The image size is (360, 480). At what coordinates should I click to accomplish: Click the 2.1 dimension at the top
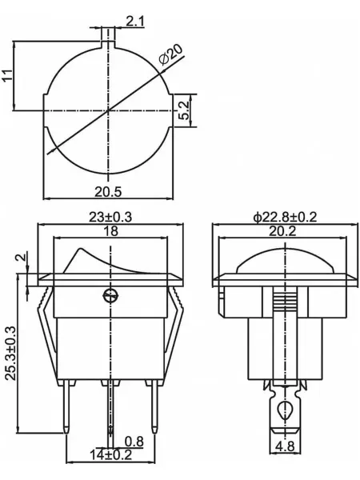(134, 22)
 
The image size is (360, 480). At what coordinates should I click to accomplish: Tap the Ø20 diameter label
(171, 54)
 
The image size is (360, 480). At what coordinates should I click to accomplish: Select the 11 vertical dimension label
(8, 75)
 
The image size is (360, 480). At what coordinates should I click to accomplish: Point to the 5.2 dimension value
(184, 110)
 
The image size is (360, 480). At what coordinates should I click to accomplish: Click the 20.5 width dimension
(108, 192)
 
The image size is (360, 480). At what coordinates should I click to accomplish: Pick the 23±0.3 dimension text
(110, 217)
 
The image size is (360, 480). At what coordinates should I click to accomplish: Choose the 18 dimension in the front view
(110, 231)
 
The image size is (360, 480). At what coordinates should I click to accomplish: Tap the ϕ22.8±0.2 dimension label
(285, 217)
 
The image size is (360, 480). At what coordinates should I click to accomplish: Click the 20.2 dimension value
(282, 231)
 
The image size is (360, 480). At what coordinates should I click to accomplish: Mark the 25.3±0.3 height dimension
(10, 354)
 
